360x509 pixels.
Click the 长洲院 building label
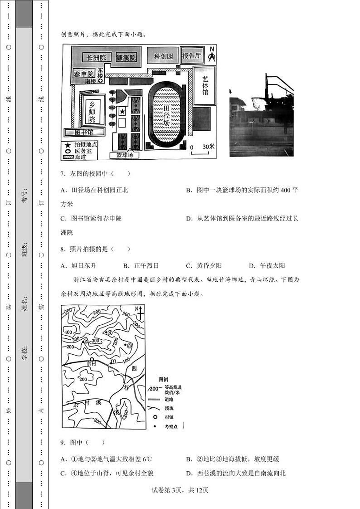point(96,58)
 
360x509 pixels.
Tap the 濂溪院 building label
point(126,58)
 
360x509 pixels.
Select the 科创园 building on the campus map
point(163,56)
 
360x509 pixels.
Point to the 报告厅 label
point(192,56)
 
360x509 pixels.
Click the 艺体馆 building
point(205,85)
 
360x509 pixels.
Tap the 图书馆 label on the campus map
point(84,132)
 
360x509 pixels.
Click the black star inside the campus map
point(122,111)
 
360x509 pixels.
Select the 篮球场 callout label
point(125,155)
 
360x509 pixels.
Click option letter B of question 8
point(126,265)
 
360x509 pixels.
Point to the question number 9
point(63,442)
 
